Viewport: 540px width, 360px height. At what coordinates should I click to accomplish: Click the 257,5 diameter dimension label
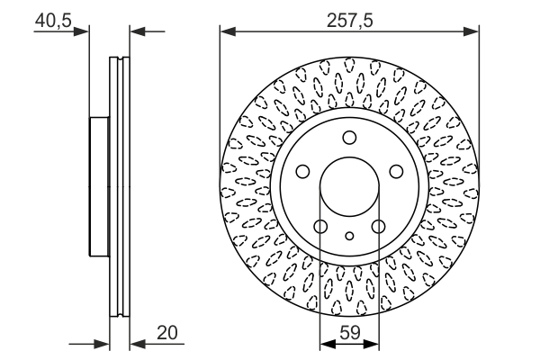tap(349, 21)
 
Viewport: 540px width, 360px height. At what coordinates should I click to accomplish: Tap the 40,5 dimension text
tap(53, 21)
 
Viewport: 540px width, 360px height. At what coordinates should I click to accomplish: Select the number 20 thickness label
tap(167, 333)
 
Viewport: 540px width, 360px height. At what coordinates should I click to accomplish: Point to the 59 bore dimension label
tap(349, 333)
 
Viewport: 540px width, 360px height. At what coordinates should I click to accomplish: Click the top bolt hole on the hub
tap(349, 138)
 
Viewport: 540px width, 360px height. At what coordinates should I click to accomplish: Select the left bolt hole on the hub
tap(302, 171)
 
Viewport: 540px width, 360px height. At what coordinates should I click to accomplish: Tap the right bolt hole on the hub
tap(396, 171)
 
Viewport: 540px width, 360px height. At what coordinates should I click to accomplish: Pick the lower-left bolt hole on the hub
tap(320, 226)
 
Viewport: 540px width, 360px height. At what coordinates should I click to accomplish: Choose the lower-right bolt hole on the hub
tap(379, 226)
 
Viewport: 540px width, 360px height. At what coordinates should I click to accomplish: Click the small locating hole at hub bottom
tap(349, 236)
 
